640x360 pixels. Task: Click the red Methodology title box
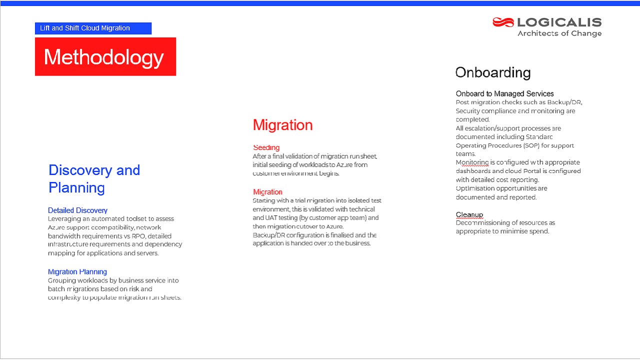(x=105, y=57)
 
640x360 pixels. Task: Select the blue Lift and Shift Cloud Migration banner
(x=93, y=28)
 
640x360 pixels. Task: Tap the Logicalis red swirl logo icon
(x=503, y=22)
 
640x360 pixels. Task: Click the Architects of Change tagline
(x=559, y=33)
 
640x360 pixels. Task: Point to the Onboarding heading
(x=493, y=72)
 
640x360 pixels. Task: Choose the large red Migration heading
(x=282, y=125)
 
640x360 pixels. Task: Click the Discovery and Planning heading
(x=94, y=178)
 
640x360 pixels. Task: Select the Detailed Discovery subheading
(x=77, y=210)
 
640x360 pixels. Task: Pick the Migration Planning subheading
(x=77, y=272)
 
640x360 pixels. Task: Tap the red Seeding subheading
(x=266, y=147)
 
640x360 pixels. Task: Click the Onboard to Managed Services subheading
(x=504, y=93)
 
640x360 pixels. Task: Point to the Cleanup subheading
(x=469, y=214)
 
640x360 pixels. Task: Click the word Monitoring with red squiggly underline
(x=472, y=162)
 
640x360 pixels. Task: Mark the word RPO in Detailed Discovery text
(x=138, y=236)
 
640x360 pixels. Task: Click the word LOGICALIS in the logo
(x=559, y=22)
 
